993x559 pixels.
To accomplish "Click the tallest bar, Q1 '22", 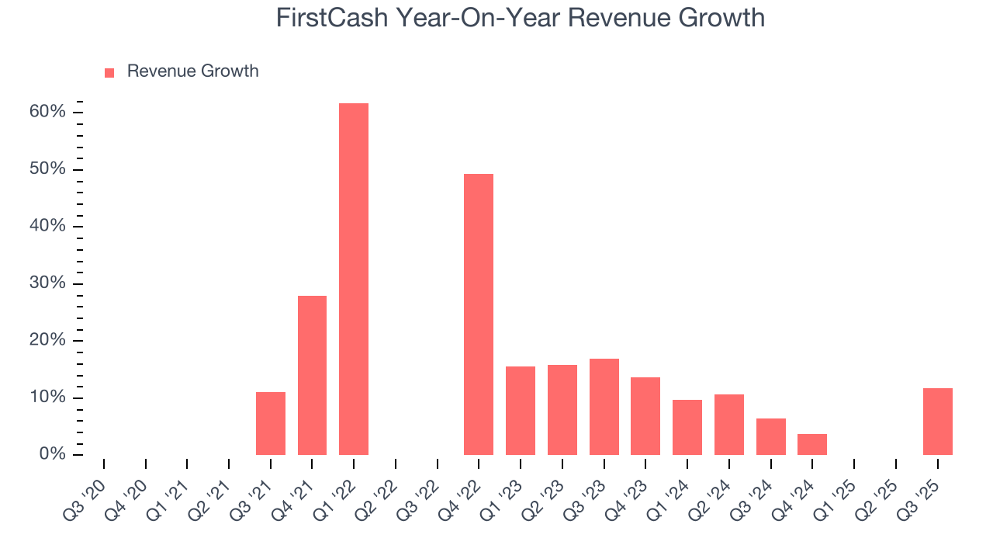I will [354, 279].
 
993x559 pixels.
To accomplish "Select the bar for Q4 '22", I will [479, 314].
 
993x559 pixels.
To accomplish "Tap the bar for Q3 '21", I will [271, 423].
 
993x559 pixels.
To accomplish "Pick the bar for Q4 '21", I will [312, 375].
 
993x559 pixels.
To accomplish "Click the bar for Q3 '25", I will [938, 422].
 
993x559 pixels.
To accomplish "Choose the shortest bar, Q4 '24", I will [812, 444].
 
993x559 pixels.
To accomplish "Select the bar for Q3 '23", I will [604, 407].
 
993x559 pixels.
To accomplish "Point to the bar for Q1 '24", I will [687, 427].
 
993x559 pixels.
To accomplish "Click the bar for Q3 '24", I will [771, 436].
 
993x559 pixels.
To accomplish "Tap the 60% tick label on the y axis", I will [47, 112].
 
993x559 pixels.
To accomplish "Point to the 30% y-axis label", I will [47, 283].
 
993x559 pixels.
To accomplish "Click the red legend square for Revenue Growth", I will [109, 72].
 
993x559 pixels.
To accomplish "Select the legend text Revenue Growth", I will [192, 71].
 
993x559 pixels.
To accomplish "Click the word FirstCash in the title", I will [333, 18].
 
